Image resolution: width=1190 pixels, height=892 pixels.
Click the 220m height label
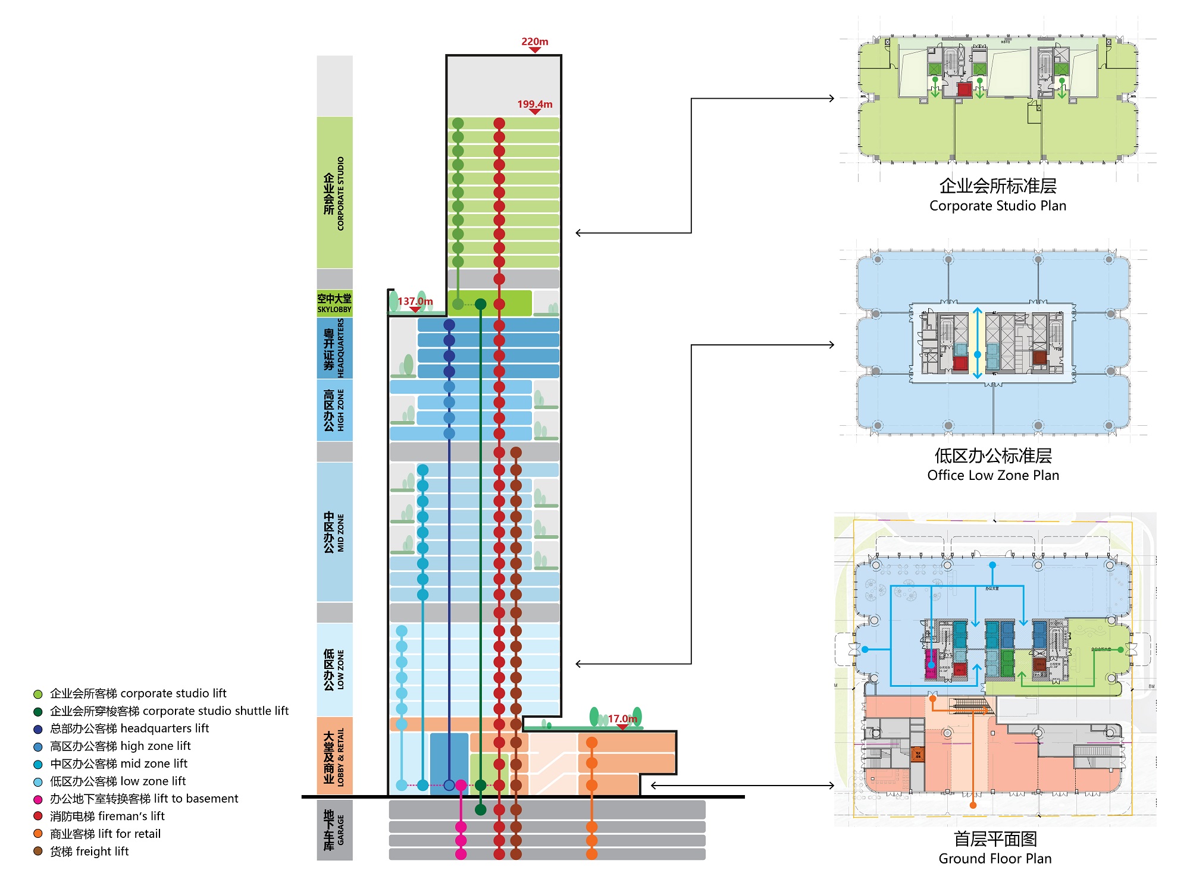click(x=534, y=42)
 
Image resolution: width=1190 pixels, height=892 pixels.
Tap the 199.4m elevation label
click(x=534, y=104)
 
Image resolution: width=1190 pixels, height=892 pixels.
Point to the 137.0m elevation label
click(x=415, y=301)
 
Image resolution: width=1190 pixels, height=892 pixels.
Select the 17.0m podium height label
click(x=622, y=718)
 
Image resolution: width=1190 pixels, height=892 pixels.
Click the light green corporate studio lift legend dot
click(x=38, y=694)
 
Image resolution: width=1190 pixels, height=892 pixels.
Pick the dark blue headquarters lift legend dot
click(x=38, y=729)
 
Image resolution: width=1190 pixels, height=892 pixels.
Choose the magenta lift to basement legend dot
click(x=38, y=799)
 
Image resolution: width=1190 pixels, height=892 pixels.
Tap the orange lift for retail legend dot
click(x=38, y=834)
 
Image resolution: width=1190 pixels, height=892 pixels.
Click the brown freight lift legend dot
click(x=38, y=851)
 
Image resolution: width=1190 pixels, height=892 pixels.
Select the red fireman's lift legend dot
click(x=38, y=816)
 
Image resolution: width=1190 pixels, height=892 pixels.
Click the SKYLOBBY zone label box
click(x=334, y=303)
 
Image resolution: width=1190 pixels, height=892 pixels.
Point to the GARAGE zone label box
click(x=334, y=830)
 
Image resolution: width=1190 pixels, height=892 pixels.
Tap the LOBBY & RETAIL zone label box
click(x=334, y=756)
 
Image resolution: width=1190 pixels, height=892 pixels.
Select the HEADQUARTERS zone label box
click(x=334, y=348)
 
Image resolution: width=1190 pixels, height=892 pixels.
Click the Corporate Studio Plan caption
click(x=997, y=206)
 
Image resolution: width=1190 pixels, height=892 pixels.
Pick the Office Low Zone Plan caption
click(x=993, y=475)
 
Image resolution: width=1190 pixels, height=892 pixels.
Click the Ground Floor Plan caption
click(x=995, y=859)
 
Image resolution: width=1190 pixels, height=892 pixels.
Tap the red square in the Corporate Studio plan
click(x=964, y=90)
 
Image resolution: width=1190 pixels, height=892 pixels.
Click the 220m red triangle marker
click(x=535, y=50)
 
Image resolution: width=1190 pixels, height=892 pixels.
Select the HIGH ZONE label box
click(x=334, y=410)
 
